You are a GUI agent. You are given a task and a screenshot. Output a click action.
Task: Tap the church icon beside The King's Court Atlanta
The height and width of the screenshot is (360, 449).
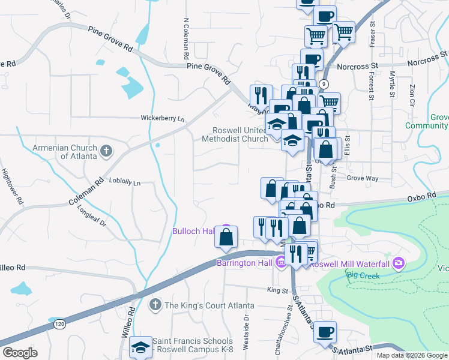point(155,305)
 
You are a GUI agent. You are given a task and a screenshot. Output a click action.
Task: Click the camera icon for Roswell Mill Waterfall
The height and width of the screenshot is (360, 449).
point(399,263)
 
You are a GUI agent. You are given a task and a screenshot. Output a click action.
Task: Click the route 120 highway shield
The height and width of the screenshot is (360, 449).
point(56,322)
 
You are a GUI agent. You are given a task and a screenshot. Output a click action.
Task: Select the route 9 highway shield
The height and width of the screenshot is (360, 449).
point(324,83)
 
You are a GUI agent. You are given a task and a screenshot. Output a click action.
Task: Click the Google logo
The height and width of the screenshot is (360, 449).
point(20,353)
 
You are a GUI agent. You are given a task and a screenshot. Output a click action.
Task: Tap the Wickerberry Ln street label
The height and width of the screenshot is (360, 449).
point(162,118)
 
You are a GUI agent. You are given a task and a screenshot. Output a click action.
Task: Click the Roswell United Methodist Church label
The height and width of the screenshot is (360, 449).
point(240,134)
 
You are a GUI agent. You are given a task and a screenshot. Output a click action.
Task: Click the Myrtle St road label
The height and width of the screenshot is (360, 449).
point(392,85)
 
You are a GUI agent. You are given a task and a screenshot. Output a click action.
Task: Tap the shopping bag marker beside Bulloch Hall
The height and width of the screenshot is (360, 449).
point(226,238)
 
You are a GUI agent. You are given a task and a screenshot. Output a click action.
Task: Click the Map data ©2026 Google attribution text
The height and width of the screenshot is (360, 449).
point(411,355)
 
